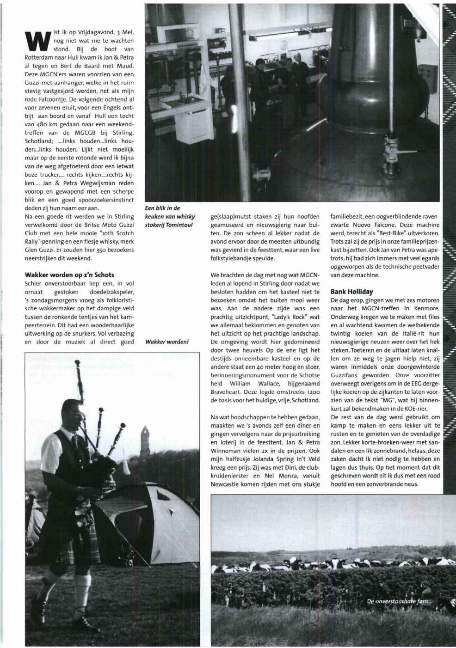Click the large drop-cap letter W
(x=37, y=40)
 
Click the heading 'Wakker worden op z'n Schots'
(x=69, y=275)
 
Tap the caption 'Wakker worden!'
(x=167, y=342)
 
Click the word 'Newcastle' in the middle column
(x=225, y=484)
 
